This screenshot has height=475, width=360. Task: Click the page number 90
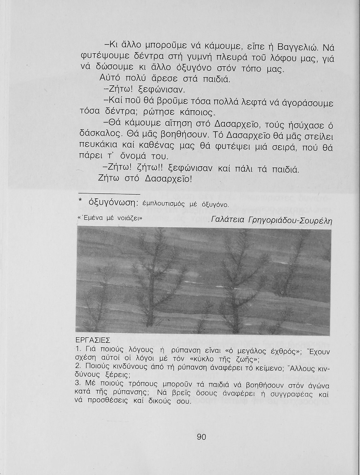[202, 437]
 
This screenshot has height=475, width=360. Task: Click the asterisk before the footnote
[80, 201]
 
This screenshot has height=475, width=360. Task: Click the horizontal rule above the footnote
[109, 193]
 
